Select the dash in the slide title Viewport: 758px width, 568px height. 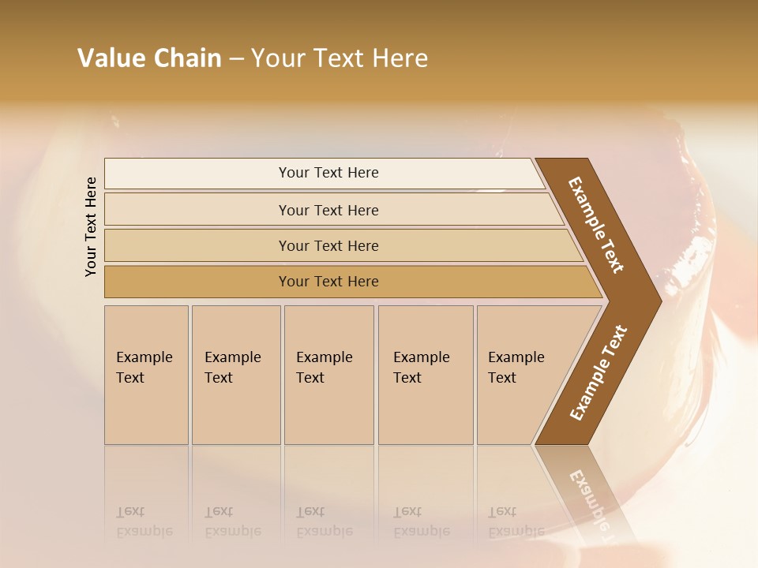click(x=236, y=59)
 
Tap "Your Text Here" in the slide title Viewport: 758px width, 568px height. click(x=340, y=58)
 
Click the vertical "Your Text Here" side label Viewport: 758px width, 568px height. click(x=91, y=226)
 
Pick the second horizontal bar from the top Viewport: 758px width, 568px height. click(x=328, y=210)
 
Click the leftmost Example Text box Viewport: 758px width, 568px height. click(x=146, y=375)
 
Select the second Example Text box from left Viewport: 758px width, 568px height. click(x=236, y=375)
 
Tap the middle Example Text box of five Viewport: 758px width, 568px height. click(x=328, y=375)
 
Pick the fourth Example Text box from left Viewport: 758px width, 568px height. click(x=426, y=375)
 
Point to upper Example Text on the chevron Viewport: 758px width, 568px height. click(x=596, y=225)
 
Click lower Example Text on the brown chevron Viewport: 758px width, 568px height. click(x=599, y=373)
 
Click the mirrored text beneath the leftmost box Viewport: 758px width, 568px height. click(x=144, y=521)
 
